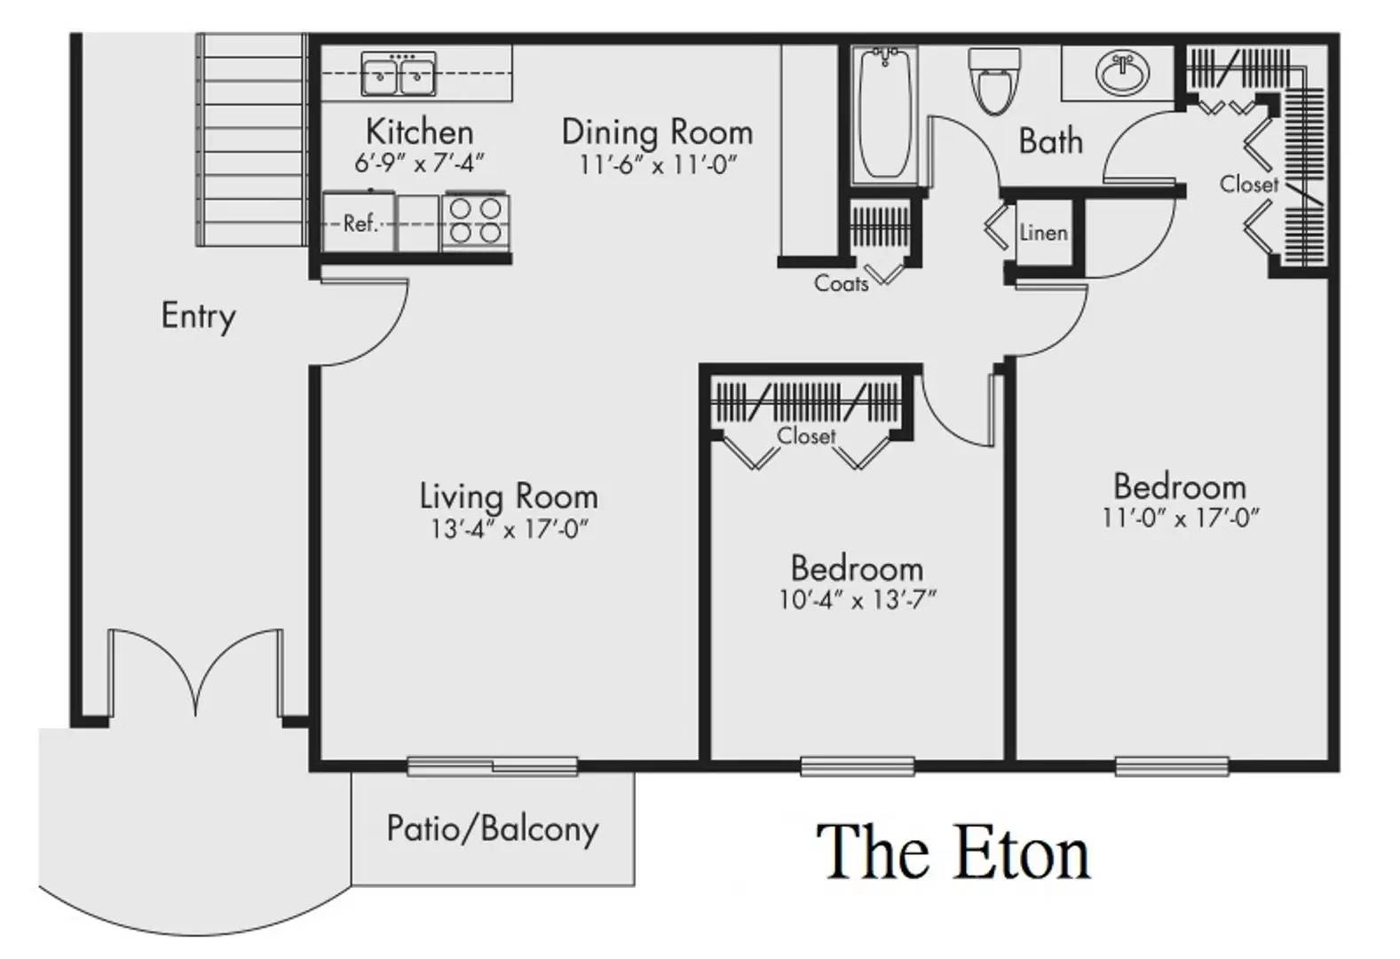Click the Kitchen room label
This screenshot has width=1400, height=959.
[419, 132]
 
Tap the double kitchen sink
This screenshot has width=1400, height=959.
[399, 74]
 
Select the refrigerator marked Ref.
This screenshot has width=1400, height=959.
[359, 223]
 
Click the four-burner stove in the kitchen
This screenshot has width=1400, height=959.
[475, 221]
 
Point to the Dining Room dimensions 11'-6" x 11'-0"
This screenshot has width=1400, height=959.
[658, 165]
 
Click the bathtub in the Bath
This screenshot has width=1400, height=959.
[884, 115]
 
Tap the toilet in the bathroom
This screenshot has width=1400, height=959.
[993, 82]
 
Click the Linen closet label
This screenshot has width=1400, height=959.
[1043, 234]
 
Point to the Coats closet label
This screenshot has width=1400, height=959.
[842, 284]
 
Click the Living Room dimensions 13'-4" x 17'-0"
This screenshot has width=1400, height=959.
[510, 529]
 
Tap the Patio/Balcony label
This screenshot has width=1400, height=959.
[493, 829]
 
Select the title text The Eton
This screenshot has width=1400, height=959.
[953, 852]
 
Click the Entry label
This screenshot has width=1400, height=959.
[199, 316]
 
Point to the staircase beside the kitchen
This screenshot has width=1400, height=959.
[252, 140]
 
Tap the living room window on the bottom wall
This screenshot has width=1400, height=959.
[493, 766]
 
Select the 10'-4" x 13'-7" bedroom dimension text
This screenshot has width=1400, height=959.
[858, 600]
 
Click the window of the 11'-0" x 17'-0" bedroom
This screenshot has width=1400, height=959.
[1172, 766]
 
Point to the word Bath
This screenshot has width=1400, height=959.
[1050, 140]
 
